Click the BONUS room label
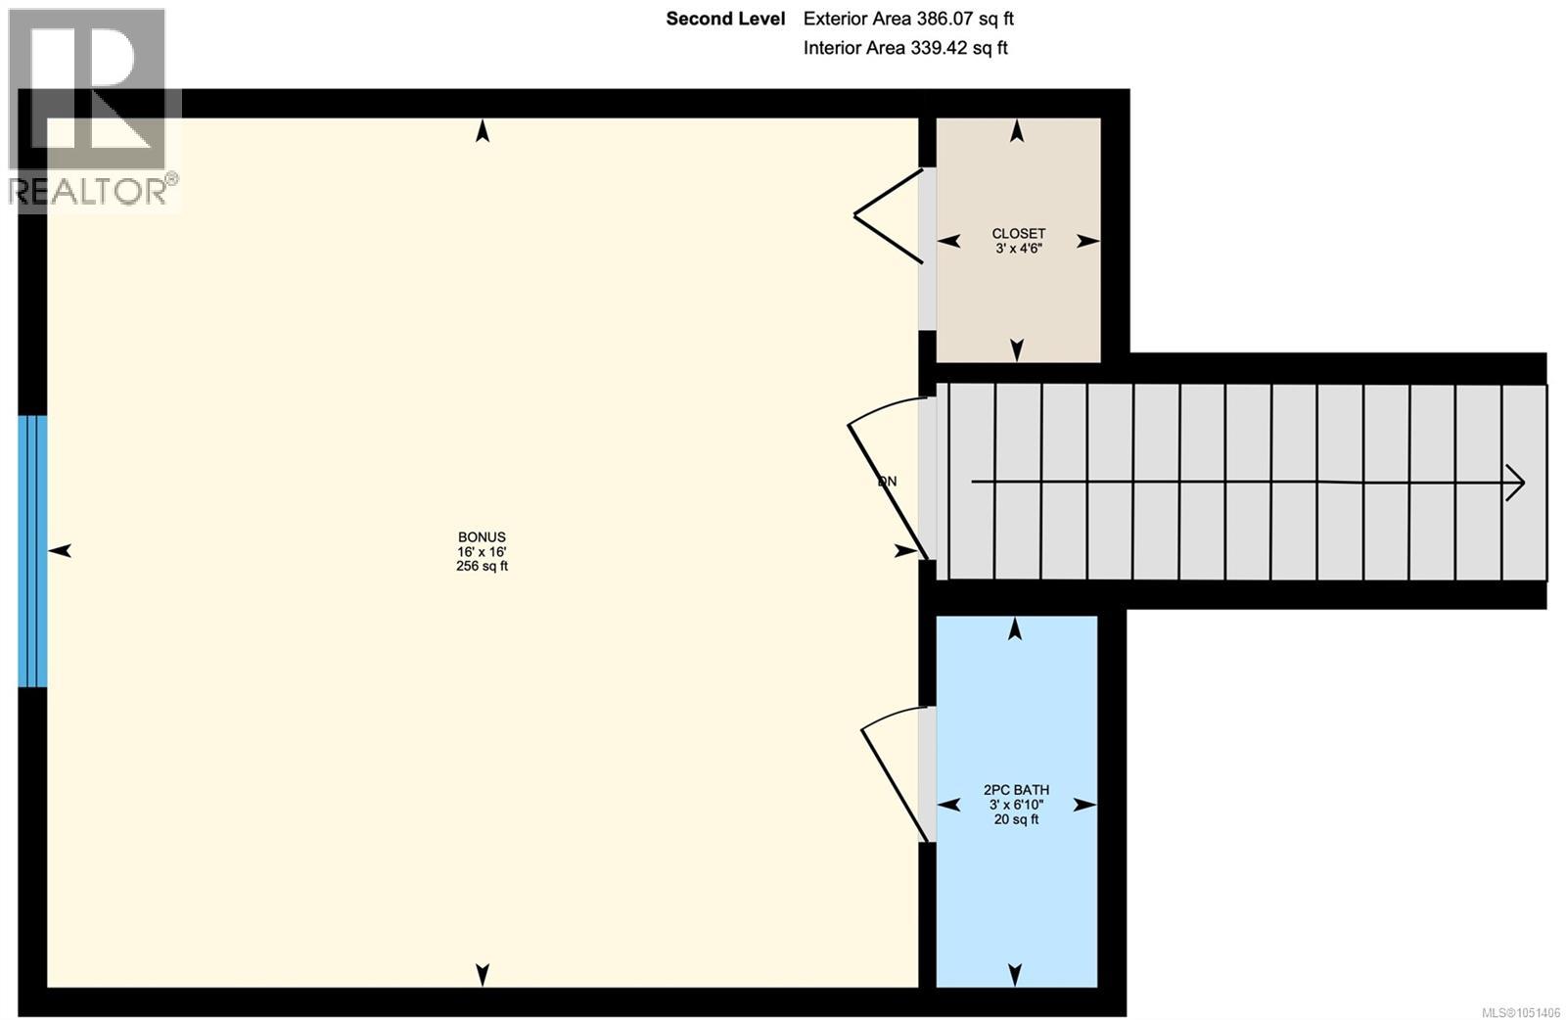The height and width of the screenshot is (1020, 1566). point(482,536)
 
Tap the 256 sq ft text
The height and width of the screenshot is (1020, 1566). point(482,566)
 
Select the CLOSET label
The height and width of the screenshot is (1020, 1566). point(1019,234)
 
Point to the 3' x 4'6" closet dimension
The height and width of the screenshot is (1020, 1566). point(1019,249)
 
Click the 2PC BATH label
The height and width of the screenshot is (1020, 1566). point(1017,790)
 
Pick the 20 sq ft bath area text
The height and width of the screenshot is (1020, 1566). point(1017,819)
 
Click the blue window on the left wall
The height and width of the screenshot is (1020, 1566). point(32,551)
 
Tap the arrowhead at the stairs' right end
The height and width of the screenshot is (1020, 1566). point(1516,483)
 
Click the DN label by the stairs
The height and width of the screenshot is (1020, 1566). point(887,481)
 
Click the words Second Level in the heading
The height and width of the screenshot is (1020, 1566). point(725,19)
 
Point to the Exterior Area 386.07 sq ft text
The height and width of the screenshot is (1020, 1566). point(908,19)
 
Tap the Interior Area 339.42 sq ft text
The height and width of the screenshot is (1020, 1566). point(905,48)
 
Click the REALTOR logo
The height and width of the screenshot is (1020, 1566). point(93,109)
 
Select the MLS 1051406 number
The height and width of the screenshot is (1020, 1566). point(1521,1012)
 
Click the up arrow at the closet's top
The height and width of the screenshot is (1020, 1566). point(1017,131)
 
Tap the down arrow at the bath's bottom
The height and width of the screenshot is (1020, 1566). point(1015,975)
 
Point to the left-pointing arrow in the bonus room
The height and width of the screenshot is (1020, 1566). point(60,551)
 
